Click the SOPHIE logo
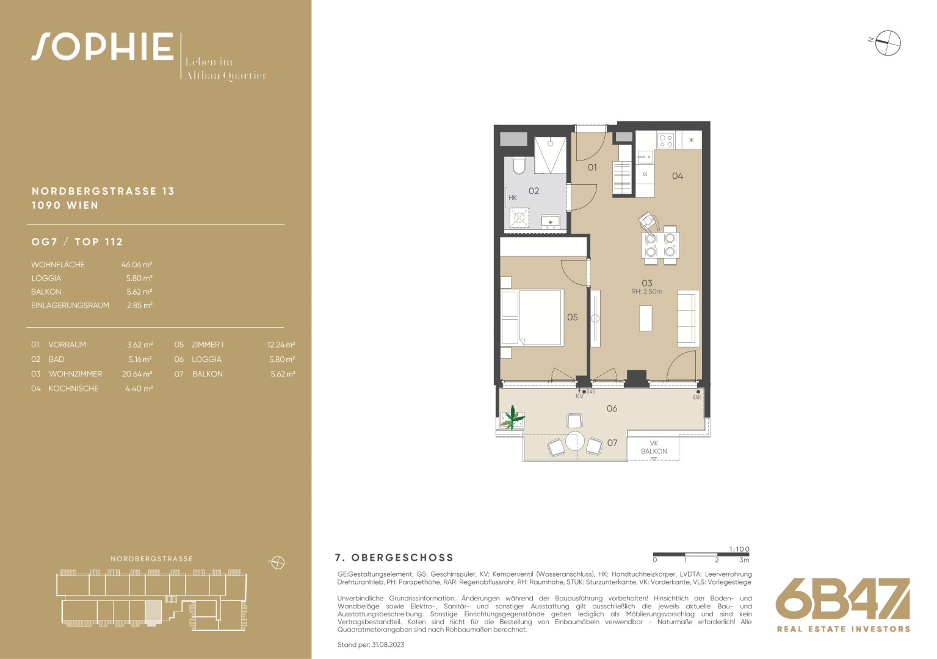(103, 46)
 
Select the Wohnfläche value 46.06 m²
(137, 265)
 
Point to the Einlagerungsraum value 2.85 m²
(140, 305)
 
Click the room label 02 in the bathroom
(534, 191)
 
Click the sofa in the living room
(689, 318)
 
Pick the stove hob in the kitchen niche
(665, 140)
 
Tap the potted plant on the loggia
(512, 418)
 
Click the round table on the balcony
(574, 441)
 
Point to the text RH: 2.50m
(646, 292)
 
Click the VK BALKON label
(654, 447)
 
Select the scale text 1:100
(739, 549)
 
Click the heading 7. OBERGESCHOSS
(394, 557)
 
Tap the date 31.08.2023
(388, 645)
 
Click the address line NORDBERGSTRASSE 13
(103, 191)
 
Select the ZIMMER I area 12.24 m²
(281, 345)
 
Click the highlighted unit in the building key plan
(153, 613)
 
